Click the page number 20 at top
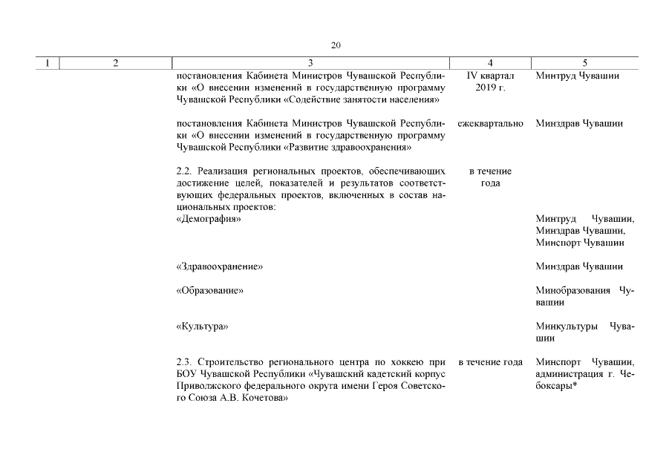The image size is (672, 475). [336, 46]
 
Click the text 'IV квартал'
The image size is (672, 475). [490, 76]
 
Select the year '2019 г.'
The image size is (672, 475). [490, 88]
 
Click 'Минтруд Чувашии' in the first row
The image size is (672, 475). [577, 76]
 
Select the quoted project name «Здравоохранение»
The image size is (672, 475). [220, 266]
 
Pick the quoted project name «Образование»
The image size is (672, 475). [210, 290]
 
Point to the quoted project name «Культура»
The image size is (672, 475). [202, 326]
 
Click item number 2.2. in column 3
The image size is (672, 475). [185, 171]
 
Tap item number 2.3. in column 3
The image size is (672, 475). [185, 361]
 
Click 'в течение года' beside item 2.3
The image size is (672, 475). [490, 361]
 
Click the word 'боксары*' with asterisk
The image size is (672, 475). [557, 385]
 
